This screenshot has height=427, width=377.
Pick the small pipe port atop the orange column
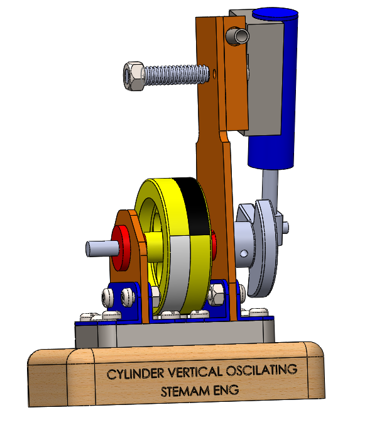[x=238, y=36]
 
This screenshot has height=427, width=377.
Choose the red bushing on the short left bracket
[x=119, y=243]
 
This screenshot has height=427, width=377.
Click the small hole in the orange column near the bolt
[x=216, y=74]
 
